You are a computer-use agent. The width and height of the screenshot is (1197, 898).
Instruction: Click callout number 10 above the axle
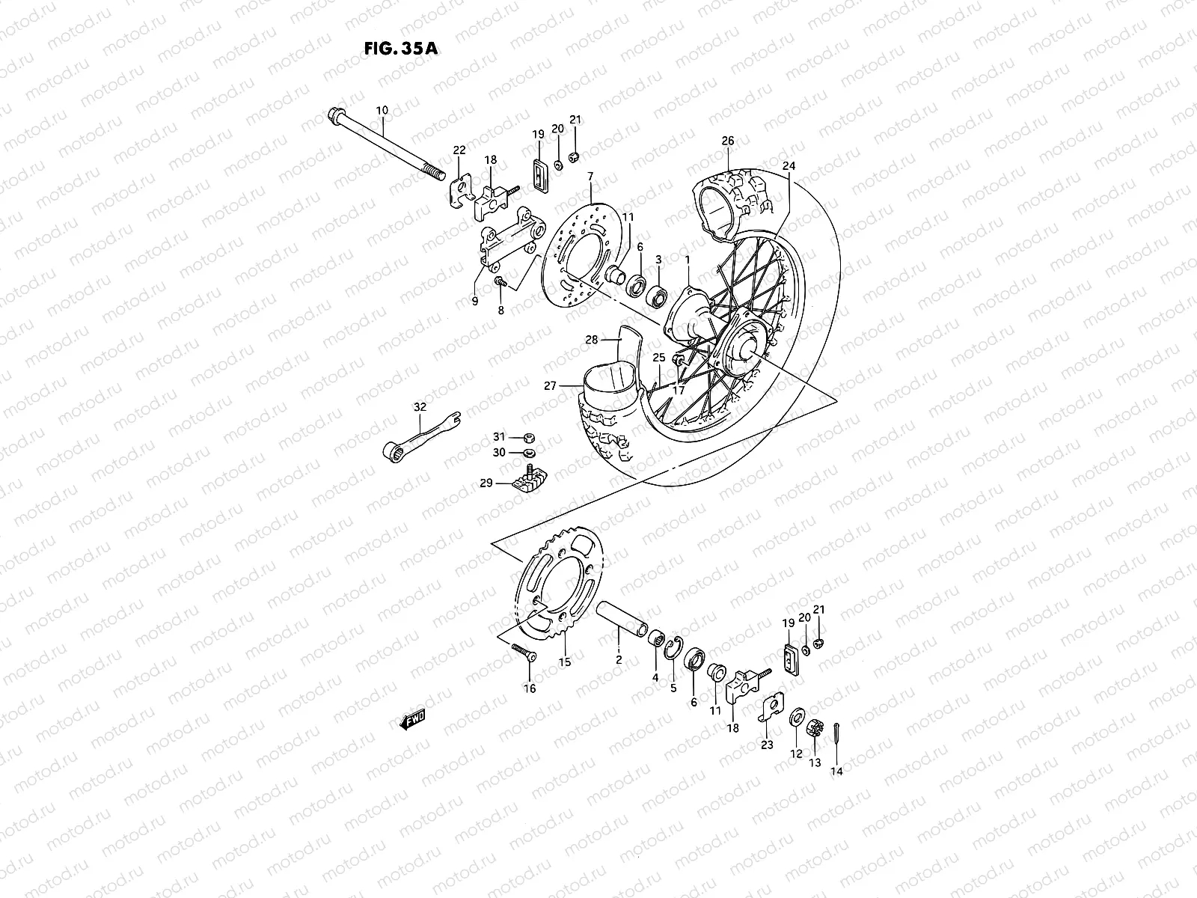(382, 110)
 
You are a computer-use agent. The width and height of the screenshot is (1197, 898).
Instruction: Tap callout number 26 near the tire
(728, 140)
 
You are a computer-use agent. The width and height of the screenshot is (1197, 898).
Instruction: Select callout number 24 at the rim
(789, 165)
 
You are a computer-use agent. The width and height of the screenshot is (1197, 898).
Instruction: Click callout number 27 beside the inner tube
(551, 387)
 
